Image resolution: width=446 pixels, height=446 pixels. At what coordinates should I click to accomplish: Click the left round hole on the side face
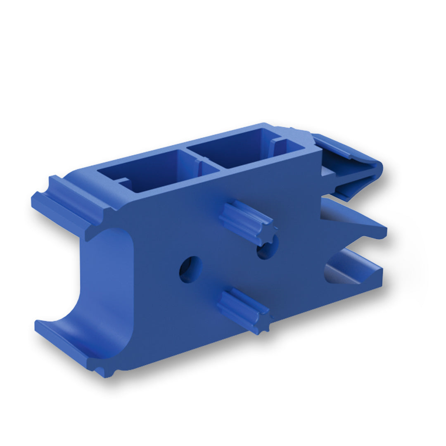(190, 269)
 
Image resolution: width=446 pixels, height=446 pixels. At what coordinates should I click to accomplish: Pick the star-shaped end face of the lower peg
(263, 323)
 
